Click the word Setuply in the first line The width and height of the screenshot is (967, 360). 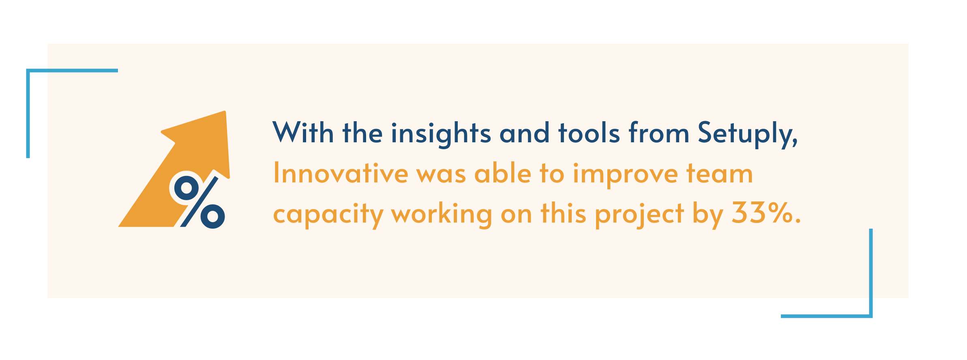click(747, 133)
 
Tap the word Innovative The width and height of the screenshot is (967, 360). click(341, 174)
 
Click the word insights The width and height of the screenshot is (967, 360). click(441, 133)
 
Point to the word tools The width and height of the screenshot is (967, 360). click(589, 133)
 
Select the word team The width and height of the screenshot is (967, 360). click(719, 174)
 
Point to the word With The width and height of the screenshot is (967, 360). click(303, 133)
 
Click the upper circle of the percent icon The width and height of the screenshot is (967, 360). click(186, 188)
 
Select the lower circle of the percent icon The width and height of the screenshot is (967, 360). click(212, 216)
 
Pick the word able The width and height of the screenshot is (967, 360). click(503, 174)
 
